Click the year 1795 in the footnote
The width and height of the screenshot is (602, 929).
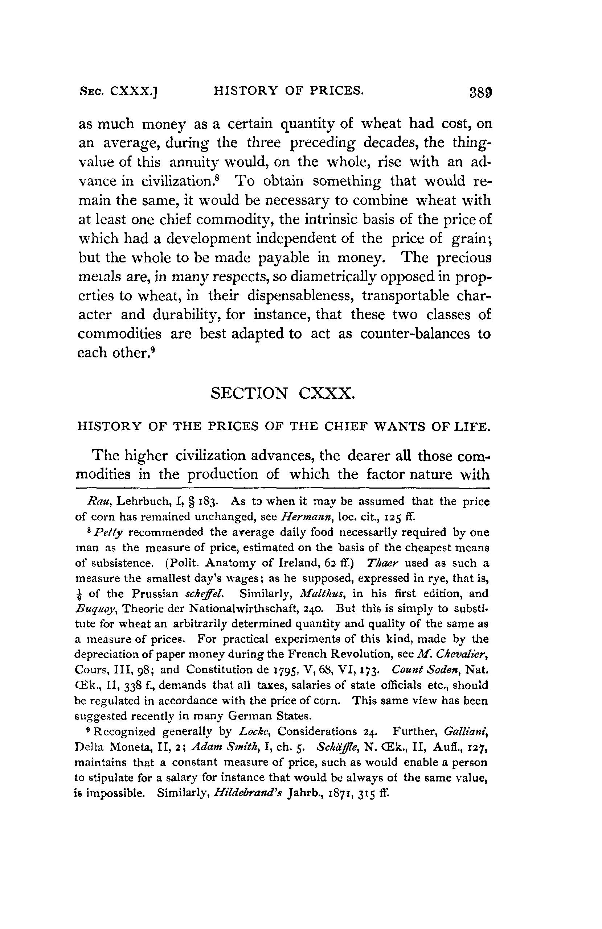point(279,670)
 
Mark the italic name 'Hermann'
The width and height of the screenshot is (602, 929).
point(300,517)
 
